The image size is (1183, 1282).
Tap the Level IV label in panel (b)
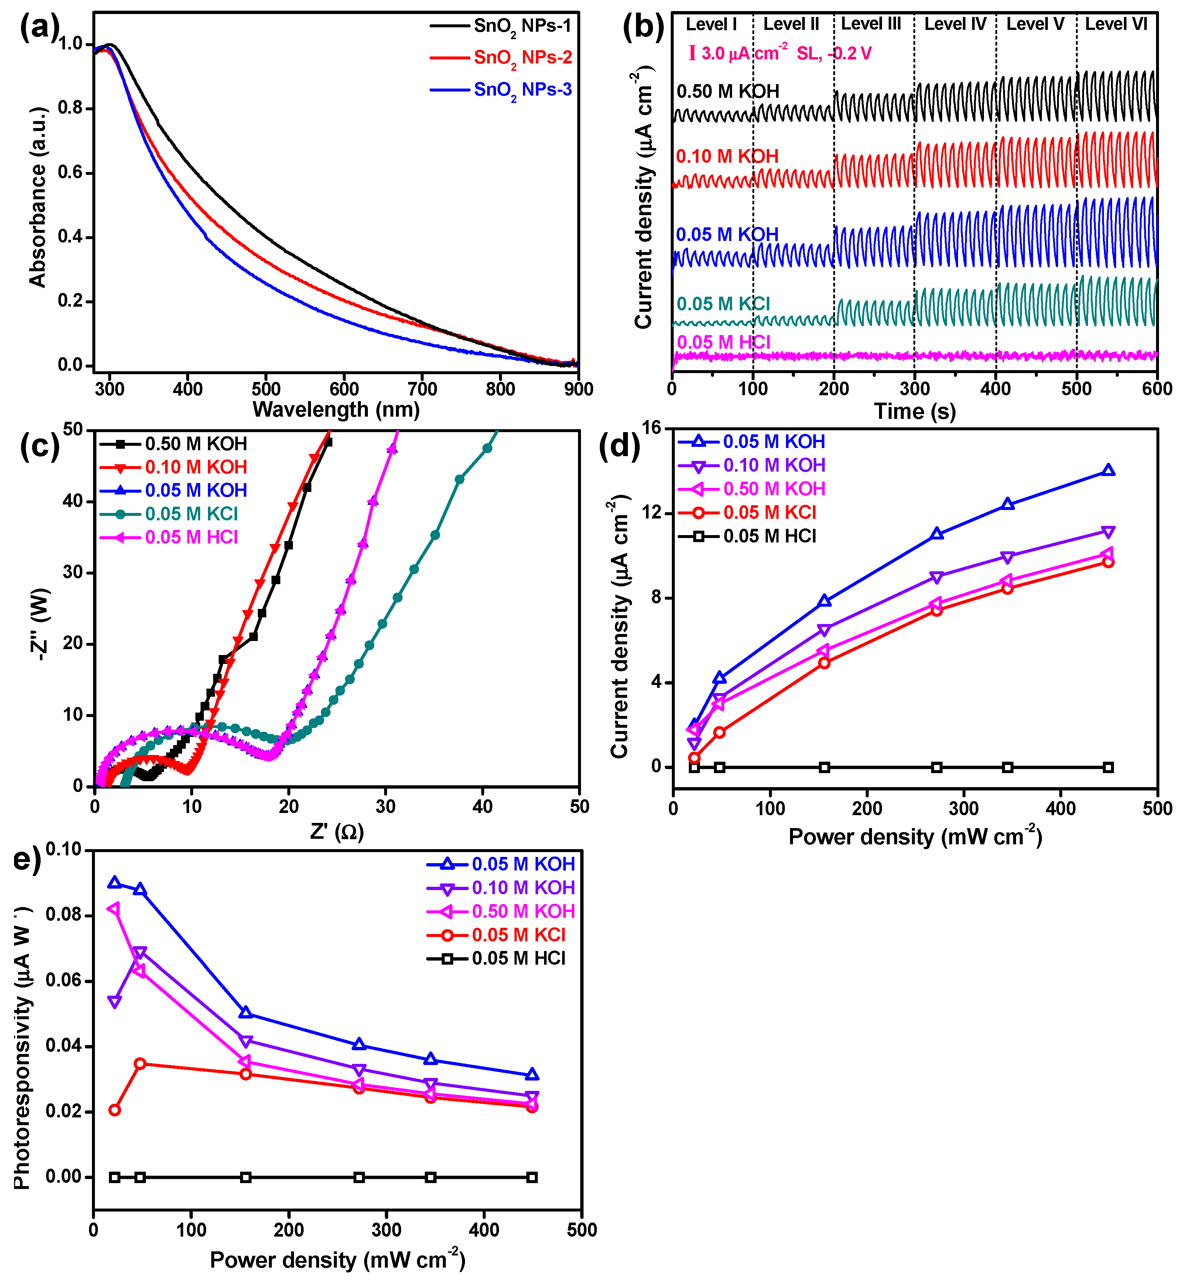click(955, 24)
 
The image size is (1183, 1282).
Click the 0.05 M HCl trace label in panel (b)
click(724, 342)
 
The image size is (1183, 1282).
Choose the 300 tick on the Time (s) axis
click(914, 389)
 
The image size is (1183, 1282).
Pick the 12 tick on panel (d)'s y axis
click(656, 513)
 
